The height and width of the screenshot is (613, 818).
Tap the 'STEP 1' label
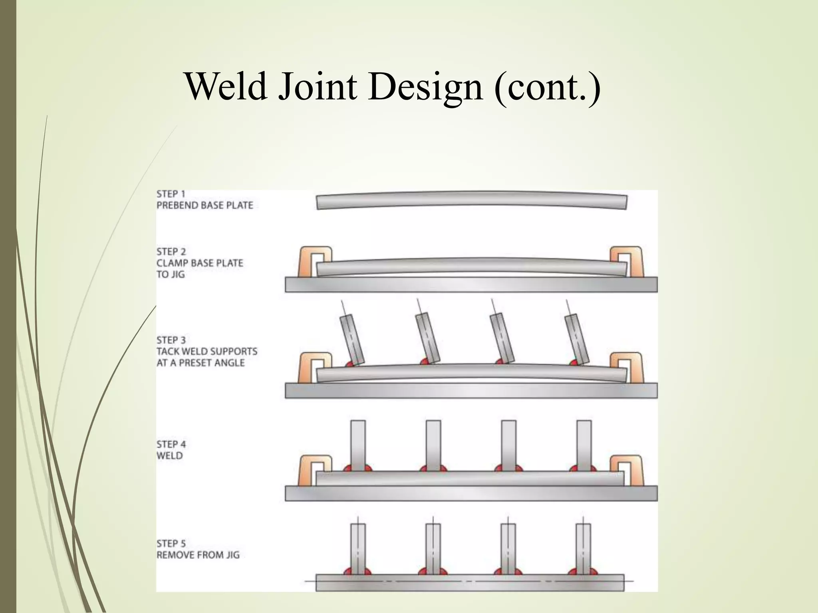[x=171, y=194]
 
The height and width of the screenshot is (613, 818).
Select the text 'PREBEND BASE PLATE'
[x=204, y=206]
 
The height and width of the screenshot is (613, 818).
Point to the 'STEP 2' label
[x=171, y=252]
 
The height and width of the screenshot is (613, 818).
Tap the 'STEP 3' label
[x=171, y=340]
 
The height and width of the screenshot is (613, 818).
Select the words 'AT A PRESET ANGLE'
[x=201, y=363]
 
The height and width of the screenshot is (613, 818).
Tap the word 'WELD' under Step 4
[x=169, y=456]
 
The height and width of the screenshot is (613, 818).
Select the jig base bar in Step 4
[x=471, y=493]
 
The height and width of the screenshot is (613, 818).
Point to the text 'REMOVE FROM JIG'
[x=198, y=555]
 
